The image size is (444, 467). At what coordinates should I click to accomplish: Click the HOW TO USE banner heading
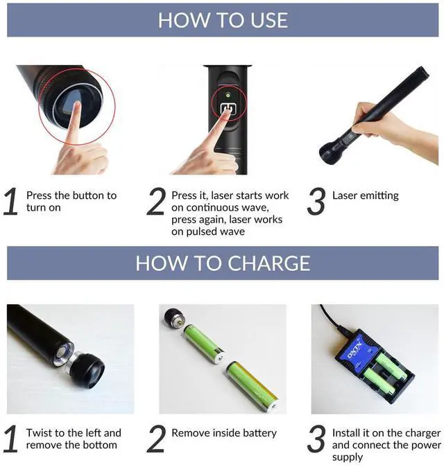222,19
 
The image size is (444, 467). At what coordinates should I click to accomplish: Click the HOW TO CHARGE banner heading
222,263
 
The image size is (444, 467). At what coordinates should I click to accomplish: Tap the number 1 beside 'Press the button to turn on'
10,202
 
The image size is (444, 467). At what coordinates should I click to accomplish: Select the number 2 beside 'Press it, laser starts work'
157,202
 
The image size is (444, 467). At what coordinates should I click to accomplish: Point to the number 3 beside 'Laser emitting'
316,202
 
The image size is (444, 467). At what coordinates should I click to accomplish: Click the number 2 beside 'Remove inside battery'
157,439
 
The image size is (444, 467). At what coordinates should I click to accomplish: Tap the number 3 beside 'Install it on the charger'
316,439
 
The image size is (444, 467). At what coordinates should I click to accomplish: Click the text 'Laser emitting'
366,195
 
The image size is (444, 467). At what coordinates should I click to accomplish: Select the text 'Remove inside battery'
224,433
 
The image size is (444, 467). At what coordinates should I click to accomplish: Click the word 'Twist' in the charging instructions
40,433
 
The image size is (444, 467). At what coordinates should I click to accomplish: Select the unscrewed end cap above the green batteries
174,321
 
